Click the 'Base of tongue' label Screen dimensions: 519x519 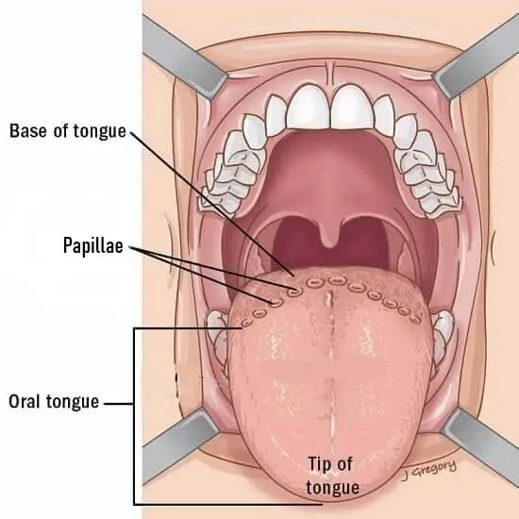click(68, 131)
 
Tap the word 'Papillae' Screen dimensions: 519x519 click(93, 245)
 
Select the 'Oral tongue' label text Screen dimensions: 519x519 click(54, 401)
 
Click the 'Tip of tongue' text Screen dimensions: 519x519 click(332, 476)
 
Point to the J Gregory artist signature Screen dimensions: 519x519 click(429, 470)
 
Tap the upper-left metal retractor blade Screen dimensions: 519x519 click(184, 55)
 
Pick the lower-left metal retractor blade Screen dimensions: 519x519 click(180, 445)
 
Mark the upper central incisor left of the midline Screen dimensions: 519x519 click(309, 107)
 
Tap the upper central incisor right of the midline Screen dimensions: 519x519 click(352, 107)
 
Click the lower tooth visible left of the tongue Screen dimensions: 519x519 click(217, 334)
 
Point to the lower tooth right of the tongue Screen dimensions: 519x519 click(442, 334)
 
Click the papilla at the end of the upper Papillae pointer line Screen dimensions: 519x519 click(294, 292)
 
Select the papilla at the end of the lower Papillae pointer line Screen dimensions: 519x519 click(276, 302)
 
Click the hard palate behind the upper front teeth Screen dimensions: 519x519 click(330, 165)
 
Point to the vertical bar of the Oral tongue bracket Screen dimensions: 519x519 click(134, 416)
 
